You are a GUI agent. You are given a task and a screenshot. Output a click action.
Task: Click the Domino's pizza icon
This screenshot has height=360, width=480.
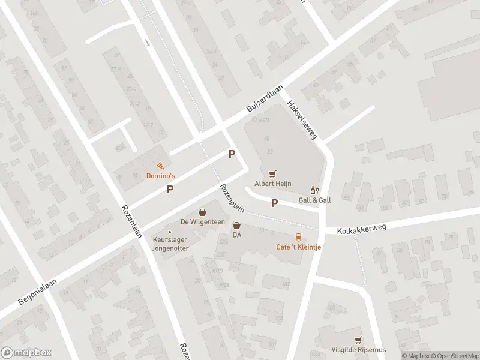coord(160,166)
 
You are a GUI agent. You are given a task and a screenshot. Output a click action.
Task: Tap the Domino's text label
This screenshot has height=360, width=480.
coord(161,176)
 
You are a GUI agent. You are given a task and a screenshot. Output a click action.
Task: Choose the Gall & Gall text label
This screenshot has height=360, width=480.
coord(315,200)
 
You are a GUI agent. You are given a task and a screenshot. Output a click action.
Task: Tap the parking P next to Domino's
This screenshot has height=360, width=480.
coord(171,190)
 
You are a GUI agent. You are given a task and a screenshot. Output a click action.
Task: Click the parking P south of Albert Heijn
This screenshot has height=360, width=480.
coord(275,203)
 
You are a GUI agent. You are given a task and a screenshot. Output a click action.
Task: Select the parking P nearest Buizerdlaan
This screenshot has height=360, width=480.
coord(232,154)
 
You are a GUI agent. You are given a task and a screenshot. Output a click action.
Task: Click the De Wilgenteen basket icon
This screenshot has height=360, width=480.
coord(203,212)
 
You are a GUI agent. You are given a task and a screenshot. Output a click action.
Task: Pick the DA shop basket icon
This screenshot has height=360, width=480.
coord(237,226)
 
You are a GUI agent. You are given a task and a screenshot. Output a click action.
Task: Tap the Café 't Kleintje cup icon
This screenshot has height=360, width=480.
coord(298,237)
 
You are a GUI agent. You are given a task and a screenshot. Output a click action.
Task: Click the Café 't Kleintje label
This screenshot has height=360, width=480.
coord(298,247)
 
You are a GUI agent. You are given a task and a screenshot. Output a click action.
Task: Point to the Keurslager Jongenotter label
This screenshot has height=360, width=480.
coord(170,243)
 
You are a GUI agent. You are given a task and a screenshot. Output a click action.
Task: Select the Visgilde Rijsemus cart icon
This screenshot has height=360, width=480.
coord(358,340)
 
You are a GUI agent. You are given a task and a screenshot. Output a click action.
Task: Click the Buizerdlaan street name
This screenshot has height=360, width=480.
coord(266,100)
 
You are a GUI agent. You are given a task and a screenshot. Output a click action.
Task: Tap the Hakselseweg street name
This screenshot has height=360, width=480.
coord(302,119)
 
